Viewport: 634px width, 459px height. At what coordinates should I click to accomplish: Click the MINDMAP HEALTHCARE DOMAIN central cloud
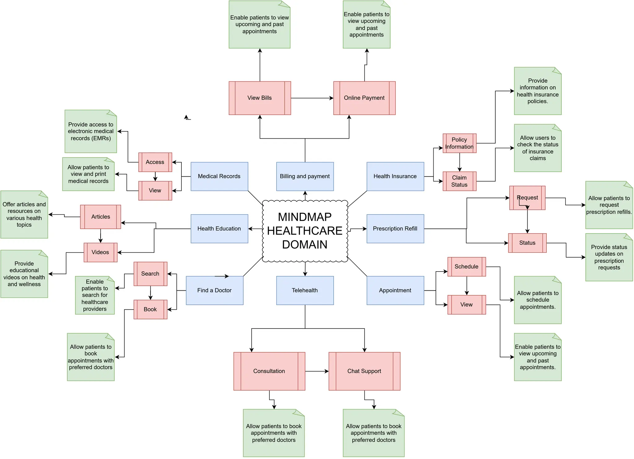305,231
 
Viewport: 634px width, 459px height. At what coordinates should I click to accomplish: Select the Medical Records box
219,176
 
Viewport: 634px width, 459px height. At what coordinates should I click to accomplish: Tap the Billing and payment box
305,176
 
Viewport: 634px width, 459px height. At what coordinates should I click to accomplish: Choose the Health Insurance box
395,176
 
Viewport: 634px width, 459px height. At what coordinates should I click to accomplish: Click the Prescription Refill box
395,229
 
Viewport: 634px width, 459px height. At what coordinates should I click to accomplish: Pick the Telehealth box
305,290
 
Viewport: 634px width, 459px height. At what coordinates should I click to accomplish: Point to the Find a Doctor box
215,290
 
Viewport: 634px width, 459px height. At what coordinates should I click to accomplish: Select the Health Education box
219,229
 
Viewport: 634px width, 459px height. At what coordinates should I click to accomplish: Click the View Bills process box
260,98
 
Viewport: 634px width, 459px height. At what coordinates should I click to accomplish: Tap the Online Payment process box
364,98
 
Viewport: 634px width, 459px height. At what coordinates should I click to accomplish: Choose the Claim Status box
459,181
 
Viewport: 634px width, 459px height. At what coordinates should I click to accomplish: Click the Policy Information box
459,143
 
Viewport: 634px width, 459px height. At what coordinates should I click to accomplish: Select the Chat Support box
364,371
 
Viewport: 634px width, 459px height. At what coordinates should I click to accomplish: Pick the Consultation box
269,371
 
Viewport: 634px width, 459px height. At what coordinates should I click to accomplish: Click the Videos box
100,252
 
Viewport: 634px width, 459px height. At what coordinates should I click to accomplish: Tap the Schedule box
467,267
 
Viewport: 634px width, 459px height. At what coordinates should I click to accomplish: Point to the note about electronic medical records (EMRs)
91,131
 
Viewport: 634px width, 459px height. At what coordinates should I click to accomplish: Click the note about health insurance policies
538,91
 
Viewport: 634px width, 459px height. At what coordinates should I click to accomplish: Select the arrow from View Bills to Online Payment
312,98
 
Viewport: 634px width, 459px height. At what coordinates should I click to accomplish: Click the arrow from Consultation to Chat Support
317,371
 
